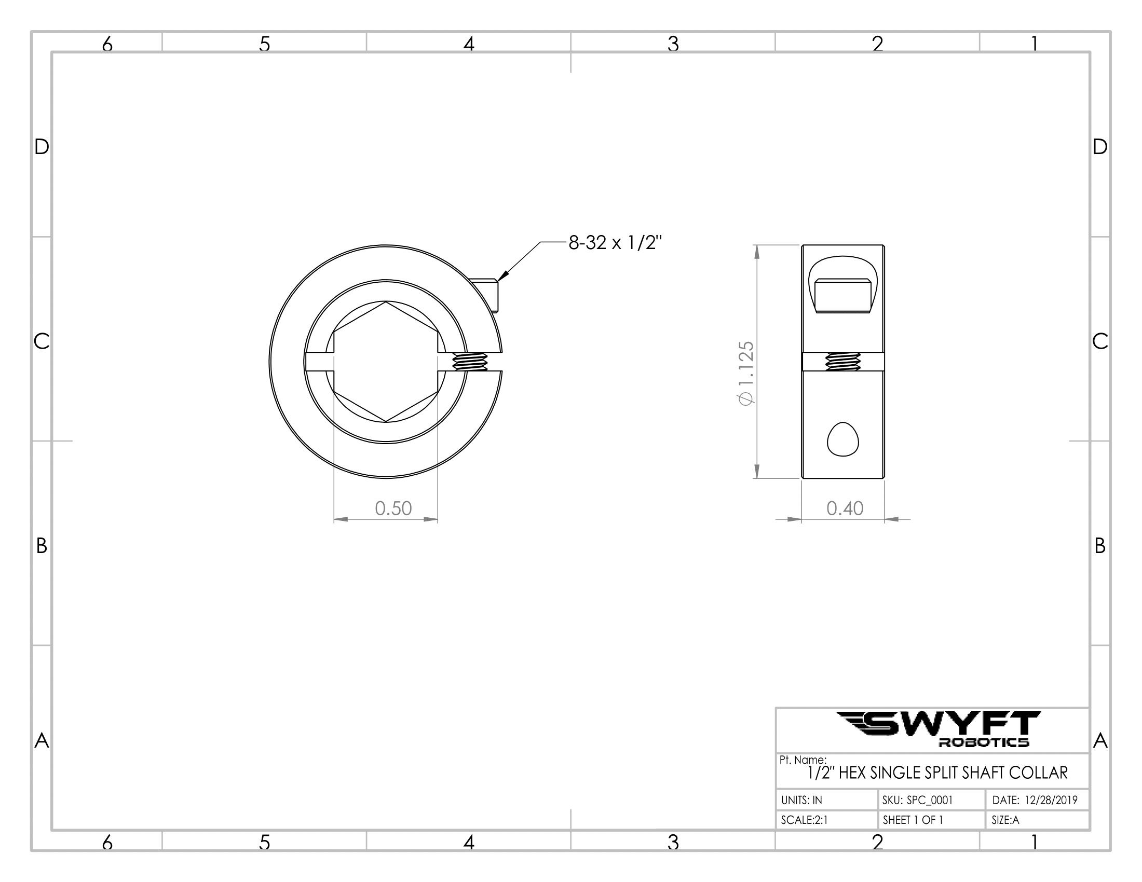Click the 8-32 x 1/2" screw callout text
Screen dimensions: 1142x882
point(616,243)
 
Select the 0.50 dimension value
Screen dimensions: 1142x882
point(393,508)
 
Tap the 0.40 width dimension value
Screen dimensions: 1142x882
point(845,508)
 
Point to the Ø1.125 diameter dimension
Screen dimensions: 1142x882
point(745,373)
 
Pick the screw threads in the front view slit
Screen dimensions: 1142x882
point(470,362)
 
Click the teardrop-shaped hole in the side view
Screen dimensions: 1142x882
point(843,439)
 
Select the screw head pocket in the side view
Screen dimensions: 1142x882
point(843,284)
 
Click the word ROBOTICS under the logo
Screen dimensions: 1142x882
point(984,742)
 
